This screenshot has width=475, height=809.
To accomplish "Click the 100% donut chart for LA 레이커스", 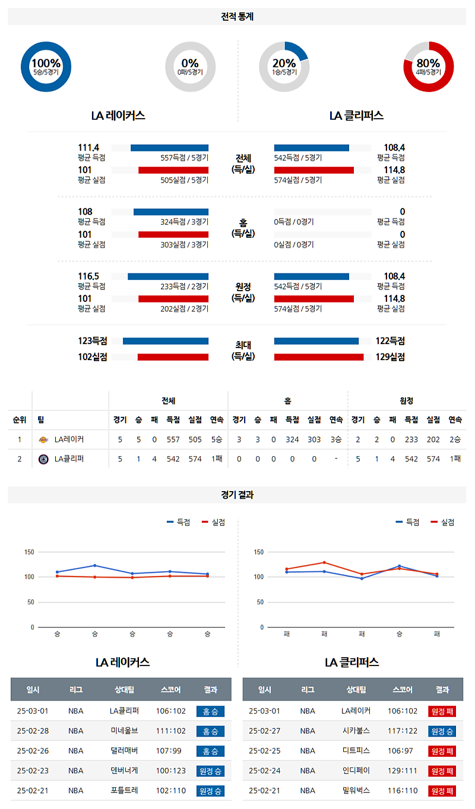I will point(46,66).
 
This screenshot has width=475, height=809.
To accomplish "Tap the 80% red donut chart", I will point(428,66).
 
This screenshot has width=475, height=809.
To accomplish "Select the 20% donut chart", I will point(284,66).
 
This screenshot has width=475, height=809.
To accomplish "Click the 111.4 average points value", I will point(88,148).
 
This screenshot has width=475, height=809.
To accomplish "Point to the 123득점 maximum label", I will point(92,341).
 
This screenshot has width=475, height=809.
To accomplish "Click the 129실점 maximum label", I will point(390,357).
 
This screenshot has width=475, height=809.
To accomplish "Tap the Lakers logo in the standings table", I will point(43,439).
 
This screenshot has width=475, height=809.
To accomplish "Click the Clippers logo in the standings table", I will point(43,458).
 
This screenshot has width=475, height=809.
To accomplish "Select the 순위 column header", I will point(20,420).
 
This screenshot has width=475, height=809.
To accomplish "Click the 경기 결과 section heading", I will point(237,495).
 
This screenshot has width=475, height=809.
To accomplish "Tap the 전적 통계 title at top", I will point(237,17).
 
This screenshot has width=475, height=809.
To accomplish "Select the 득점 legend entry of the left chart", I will point(178,522).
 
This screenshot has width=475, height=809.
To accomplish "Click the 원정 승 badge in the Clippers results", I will point(442,731).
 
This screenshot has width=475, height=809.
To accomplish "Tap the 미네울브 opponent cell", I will point(124,731).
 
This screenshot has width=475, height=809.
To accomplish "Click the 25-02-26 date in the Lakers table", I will point(33,751).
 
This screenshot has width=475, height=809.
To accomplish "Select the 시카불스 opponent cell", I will point(356,731).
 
